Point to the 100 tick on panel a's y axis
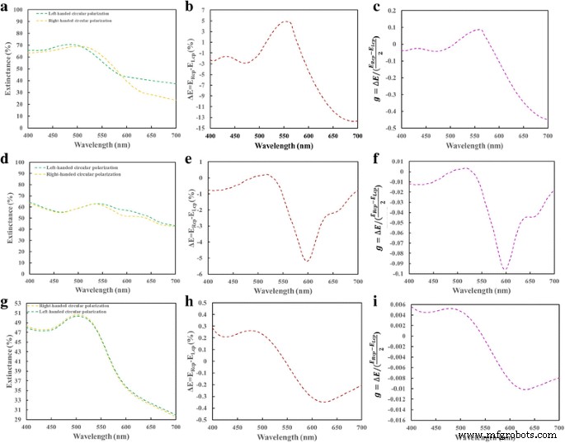pyautogui.click(x=20, y=11)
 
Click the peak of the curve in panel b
pyautogui.click(x=286, y=21)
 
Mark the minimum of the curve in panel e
pyautogui.click(x=307, y=262)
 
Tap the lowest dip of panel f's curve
pyautogui.click(x=505, y=270)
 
